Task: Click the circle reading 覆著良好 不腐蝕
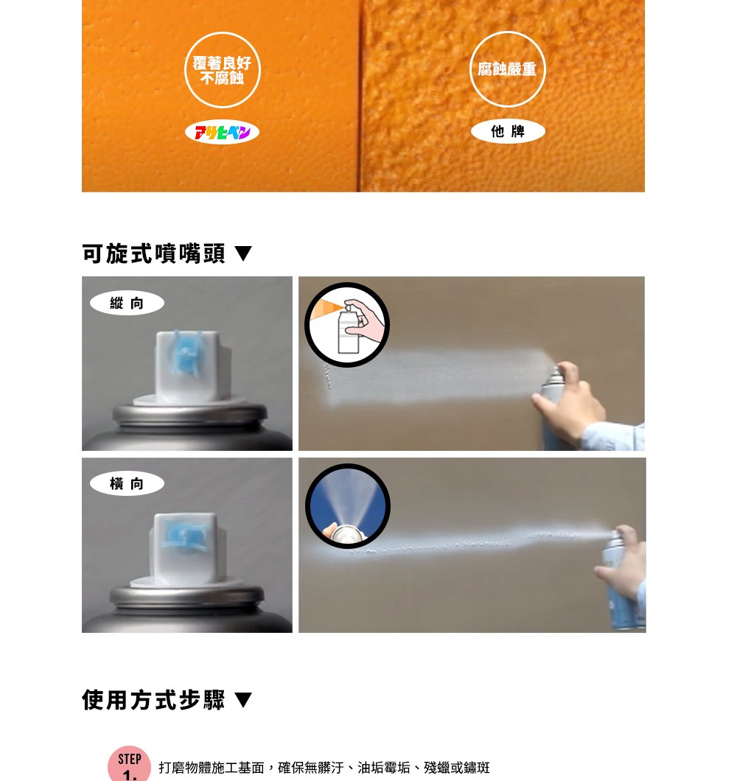tap(223, 70)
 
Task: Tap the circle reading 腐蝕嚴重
tap(507, 69)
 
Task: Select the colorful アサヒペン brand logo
tap(223, 132)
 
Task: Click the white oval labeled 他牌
tap(508, 131)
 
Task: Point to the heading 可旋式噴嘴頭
tap(153, 253)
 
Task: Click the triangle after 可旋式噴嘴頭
tap(243, 253)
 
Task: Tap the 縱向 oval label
tap(127, 303)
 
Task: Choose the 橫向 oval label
tap(127, 483)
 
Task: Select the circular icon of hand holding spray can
tap(347, 325)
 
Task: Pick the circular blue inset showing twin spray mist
tap(347, 506)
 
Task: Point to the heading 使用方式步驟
tap(153, 700)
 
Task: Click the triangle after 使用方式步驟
tap(243, 700)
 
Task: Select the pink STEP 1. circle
tap(130, 764)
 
